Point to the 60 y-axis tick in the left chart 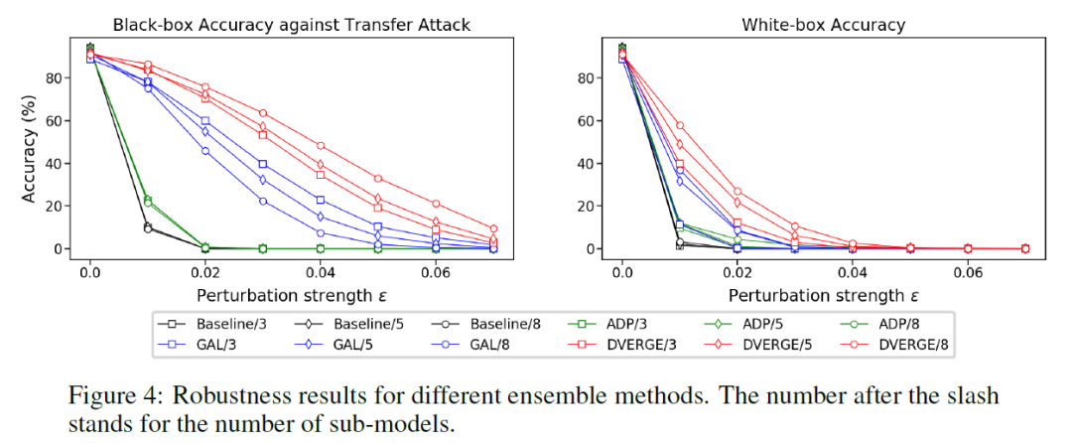tap(56, 120)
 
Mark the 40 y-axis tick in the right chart tap(587, 163)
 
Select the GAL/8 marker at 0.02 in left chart tap(205, 151)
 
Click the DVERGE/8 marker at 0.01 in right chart tap(679, 125)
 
